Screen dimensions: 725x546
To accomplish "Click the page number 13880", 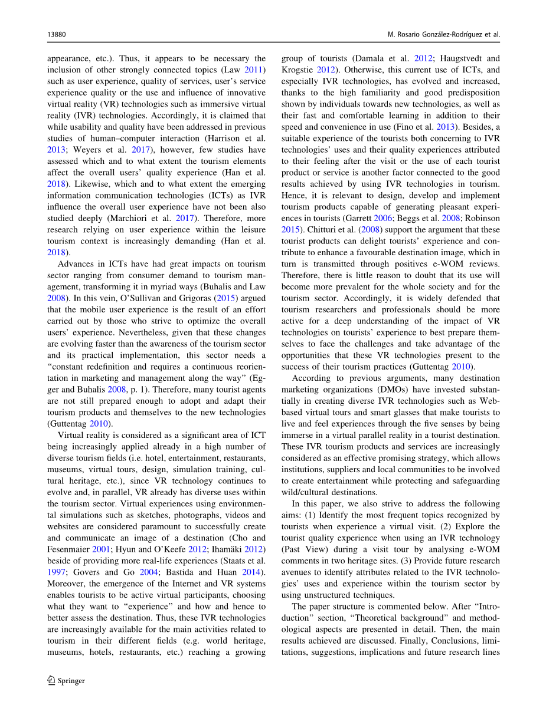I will [56, 35].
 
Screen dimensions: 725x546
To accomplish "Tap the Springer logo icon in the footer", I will [51, 681].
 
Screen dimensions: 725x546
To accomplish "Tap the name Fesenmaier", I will [71, 549].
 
